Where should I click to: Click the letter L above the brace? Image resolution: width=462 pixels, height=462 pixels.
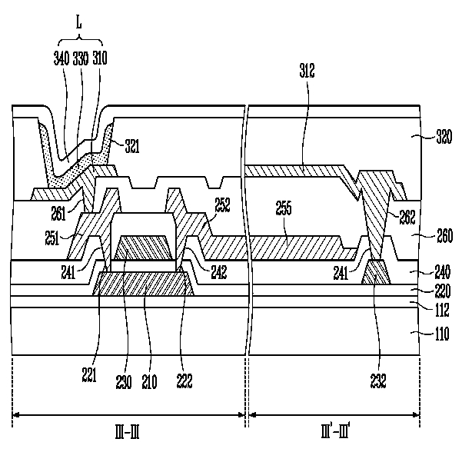click(78, 22)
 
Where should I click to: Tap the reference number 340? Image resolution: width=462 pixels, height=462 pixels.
click(61, 58)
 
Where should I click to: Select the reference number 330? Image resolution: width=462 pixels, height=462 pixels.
click(81, 58)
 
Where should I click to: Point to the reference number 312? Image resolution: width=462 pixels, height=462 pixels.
click(307, 71)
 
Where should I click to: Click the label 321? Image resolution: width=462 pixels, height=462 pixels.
click(132, 146)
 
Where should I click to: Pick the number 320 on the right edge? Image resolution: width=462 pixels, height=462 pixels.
click(444, 137)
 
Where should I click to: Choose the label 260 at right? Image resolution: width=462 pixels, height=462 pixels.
click(444, 236)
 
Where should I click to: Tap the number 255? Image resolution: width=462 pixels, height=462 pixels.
click(284, 208)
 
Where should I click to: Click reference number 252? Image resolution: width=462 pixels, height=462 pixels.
click(222, 204)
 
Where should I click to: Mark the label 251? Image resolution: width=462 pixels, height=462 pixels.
click(52, 238)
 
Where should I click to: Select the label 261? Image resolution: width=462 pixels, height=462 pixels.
click(58, 214)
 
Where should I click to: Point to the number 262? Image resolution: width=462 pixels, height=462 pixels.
click(407, 218)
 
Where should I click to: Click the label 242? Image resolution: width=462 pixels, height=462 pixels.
click(219, 272)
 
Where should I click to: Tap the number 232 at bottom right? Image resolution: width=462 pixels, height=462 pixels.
click(378, 381)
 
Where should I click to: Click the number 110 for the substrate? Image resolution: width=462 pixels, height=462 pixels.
click(442, 334)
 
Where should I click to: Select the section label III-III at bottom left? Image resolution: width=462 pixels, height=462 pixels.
click(127, 433)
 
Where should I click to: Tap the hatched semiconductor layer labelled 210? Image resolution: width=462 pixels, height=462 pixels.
click(144, 284)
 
